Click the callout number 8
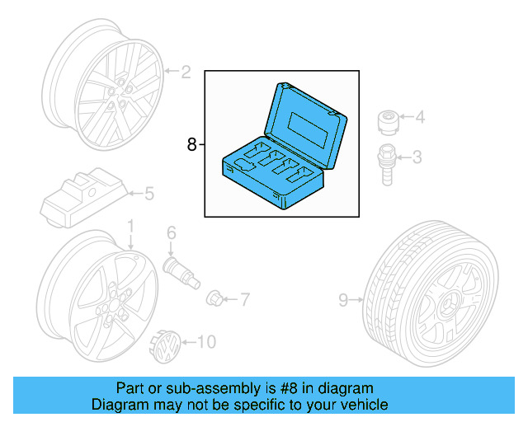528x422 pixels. (x=191, y=145)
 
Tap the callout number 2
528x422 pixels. (x=186, y=73)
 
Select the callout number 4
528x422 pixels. (x=420, y=118)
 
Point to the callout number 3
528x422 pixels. (x=417, y=156)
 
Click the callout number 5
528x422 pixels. (x=149, y=195)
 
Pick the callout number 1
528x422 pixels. (x=130, y=226)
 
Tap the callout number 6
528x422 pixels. (x=172, y=232)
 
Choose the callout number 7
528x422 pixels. (x=243, y=298)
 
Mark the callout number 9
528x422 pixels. (x=343, y=301)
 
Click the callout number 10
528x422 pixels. (x=205, y=341)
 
